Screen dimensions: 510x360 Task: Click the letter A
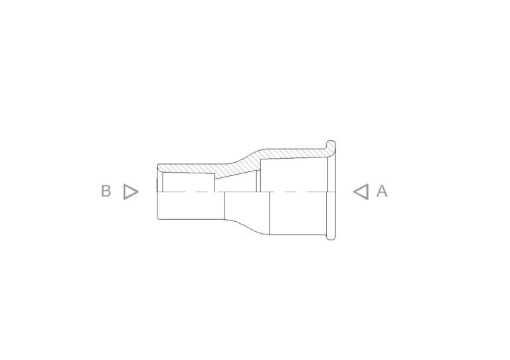(x=382, y=191)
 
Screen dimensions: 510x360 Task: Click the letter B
(x=106, y=191)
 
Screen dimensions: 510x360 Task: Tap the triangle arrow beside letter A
(x=361, y=191)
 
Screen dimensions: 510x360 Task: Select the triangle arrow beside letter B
(x=131, y=191)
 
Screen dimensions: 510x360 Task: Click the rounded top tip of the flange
(x=331, y=142)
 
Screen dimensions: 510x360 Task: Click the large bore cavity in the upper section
(x=294, y=175)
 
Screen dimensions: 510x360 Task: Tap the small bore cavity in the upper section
(x=189, y=182)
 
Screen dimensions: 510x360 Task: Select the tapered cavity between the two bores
(x=236, y=183)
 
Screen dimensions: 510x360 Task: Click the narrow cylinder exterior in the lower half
(x=191, y=205)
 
